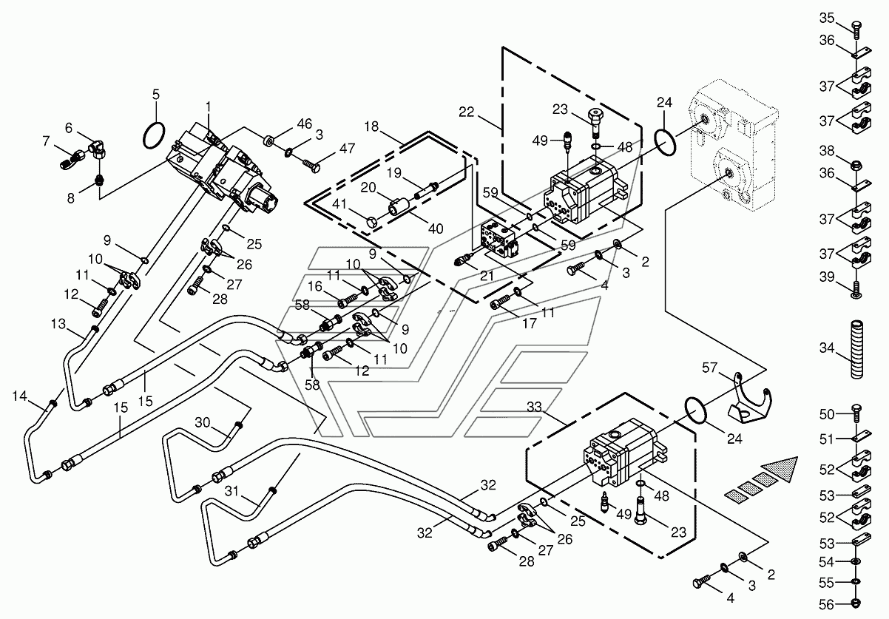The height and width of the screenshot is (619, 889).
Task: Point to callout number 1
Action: coord(208,106)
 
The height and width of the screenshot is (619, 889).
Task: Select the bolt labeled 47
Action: coord(311,166)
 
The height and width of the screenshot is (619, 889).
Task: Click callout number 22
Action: coord(467,112)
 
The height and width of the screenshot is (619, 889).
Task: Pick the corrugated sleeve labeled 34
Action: coord(857,349)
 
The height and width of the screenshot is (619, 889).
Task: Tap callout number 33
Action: coord(534,407)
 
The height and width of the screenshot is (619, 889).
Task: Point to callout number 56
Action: coord(827,604)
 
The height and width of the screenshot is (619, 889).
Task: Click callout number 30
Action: coord(203,422)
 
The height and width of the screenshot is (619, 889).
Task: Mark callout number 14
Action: coord(19,396)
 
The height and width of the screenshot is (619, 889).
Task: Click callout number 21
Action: coord(487,275)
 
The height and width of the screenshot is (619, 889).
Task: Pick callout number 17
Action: coord(530,324)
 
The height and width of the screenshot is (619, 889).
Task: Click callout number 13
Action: coord(58,324)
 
